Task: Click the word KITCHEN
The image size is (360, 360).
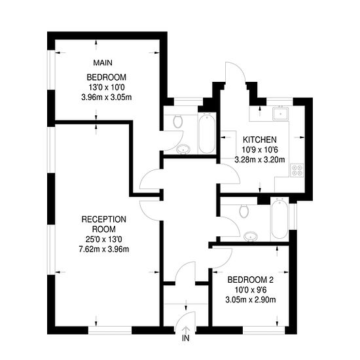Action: coord(260,139)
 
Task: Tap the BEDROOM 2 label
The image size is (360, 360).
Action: coord(251,280)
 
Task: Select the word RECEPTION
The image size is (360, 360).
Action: coord(104,219)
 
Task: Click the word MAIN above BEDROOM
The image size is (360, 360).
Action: coord(103,63)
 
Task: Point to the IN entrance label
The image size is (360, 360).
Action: coord(186,338)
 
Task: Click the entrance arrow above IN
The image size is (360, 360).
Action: coord(186,330)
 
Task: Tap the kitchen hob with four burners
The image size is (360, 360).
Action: coord(297,170)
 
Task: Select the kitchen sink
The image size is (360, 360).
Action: coord(280,113)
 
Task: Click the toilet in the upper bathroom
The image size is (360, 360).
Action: coord(177,121)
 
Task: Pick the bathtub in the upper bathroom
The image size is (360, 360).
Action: coord(207,133)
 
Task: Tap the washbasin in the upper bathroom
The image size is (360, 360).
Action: coord(183,149)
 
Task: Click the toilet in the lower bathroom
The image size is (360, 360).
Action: coord(243,211)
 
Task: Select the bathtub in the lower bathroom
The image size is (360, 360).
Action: coord(279,218)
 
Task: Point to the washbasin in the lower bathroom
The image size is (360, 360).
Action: coord(251,236)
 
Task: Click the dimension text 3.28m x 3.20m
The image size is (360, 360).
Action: coord(260,160)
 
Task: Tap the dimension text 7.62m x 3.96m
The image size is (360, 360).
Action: coord(104,249)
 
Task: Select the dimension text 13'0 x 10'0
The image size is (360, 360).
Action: coord(107,88)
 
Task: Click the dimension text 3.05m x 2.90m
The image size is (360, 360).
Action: coord(251,300)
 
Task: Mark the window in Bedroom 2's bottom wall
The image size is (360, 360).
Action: coord(264,330)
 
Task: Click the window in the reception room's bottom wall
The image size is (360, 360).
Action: coord(110,330)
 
